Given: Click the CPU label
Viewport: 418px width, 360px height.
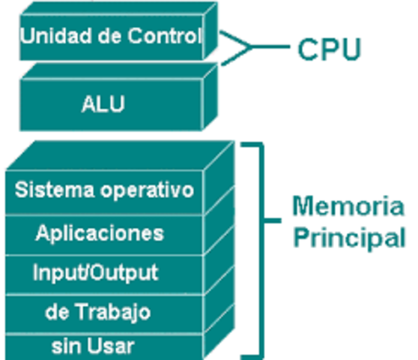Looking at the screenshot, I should point(329,49).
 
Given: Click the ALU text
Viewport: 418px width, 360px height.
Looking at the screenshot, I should point(103,103).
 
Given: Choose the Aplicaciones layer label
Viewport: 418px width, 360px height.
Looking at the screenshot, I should point(99,233).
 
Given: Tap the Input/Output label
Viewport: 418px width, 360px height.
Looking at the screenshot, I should point(95,272).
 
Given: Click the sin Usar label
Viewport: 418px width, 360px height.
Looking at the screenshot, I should point(93,346).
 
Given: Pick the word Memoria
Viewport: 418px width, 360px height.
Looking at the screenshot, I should point(348,205).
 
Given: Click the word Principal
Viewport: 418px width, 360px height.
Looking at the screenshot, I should point(348,238).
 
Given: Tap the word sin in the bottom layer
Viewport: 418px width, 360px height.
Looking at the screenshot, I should point(64,346).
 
